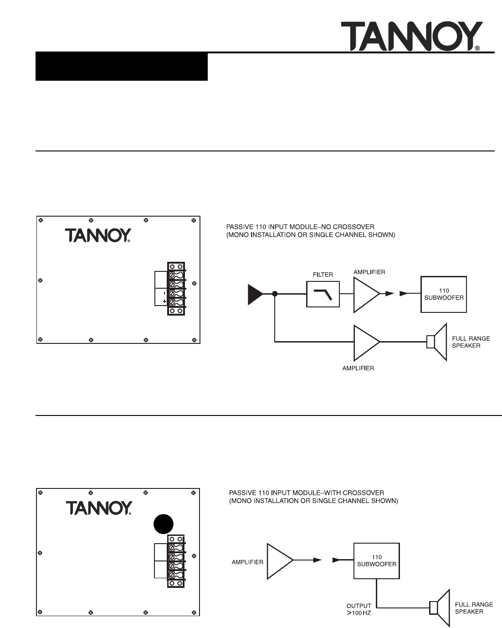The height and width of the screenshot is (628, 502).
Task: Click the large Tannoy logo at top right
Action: (411, 36)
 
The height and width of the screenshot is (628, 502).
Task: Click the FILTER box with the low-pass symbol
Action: (323, 294)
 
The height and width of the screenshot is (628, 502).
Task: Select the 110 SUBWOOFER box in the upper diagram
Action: (443, 294)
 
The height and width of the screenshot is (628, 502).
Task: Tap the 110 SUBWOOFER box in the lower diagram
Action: (376, 561)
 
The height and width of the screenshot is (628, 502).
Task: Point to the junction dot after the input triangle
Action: (275, 294)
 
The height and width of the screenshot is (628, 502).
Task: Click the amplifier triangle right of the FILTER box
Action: (365, 294)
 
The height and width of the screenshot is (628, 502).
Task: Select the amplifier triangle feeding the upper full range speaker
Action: (365, 341)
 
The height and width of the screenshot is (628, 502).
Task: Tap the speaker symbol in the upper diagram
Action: (437, 342)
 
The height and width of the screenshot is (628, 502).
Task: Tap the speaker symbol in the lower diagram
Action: (440, 607)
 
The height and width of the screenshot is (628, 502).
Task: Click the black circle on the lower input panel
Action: (163, 524)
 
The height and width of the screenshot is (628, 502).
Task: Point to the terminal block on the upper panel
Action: (176, 288)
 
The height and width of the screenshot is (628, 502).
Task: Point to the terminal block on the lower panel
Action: (176, 561)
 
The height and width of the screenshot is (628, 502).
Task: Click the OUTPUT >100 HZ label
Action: (359, 610)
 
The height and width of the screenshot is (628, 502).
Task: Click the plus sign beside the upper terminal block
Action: (164, 301)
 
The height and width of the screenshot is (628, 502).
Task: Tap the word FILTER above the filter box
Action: (323, 275)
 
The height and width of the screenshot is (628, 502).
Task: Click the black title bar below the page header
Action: (122, 67)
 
